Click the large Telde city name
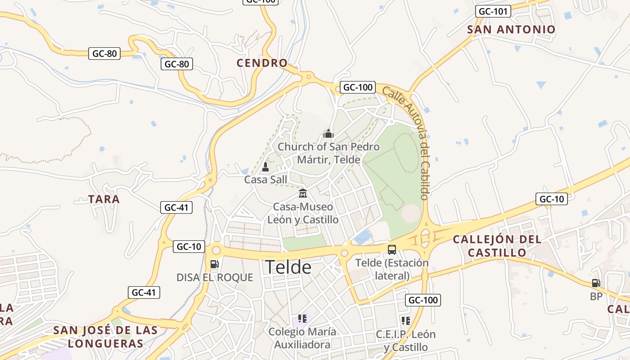pos(288,267)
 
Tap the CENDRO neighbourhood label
pos(262,63)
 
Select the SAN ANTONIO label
pos(511,30)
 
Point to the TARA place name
pos(104,199)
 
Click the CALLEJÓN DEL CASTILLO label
pos(497,246)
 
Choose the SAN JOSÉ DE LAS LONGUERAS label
pos(106,337)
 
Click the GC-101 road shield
pos(493,11)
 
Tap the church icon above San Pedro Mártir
pos(328,134)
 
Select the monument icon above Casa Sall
pos(265,167)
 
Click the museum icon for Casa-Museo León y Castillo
pos(303,193)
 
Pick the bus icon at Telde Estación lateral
pos(392,250)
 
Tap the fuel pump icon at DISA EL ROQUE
pos(215,264)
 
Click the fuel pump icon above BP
pos(596,283)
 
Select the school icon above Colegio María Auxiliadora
pos(302,319)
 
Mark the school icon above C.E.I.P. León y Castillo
pos(406,321)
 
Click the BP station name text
pos(596,297)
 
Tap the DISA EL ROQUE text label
pos(215,278)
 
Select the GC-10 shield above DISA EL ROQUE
pos(189,247)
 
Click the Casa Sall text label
pos(265,180)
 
